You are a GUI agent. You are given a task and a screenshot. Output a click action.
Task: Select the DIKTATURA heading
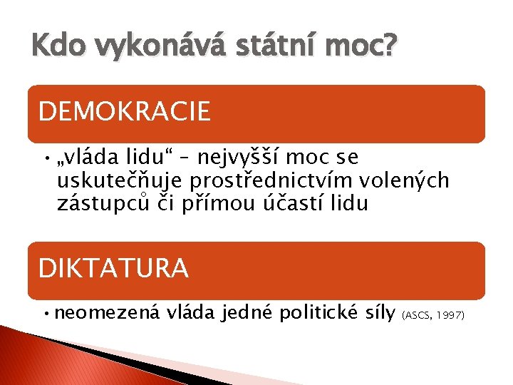(113, 268)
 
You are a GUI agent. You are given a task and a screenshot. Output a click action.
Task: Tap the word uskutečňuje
(118, 181)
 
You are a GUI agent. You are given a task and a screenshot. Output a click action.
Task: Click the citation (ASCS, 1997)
(434, 315)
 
